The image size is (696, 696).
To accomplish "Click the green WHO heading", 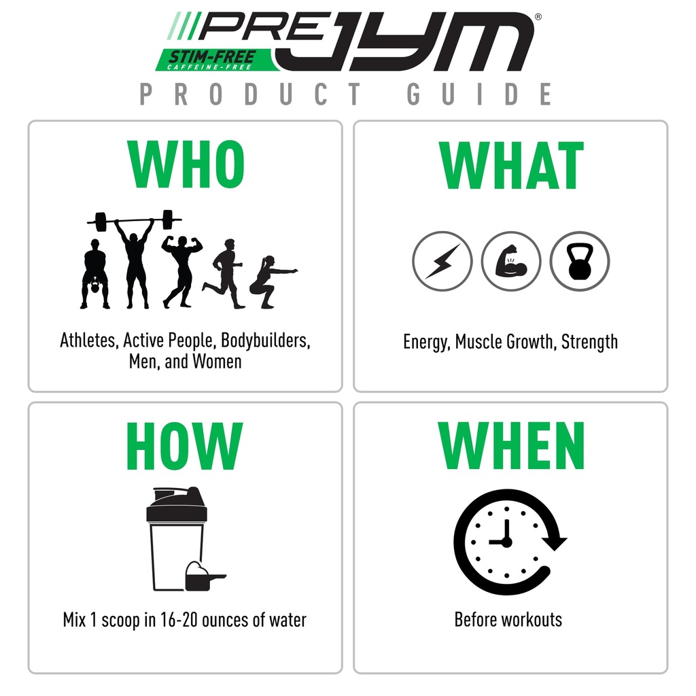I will (185, 167).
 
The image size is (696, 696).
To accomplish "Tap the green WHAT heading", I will (511, 167).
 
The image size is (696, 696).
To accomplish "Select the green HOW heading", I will (185, 447).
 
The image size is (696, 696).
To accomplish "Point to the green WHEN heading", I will (511, 447).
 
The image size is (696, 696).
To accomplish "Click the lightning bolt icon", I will (442, 261).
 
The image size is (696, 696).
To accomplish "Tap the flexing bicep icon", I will (510, 261).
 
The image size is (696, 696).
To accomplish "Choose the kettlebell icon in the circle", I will (579, 261).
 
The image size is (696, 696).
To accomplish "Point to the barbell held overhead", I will (135, 221).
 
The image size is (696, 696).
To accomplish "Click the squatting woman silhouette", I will (270, 282).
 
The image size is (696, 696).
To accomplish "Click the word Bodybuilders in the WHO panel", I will (266, 340).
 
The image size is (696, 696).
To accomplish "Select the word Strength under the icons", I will (589, 341).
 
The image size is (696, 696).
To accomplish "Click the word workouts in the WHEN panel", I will (532, 620).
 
